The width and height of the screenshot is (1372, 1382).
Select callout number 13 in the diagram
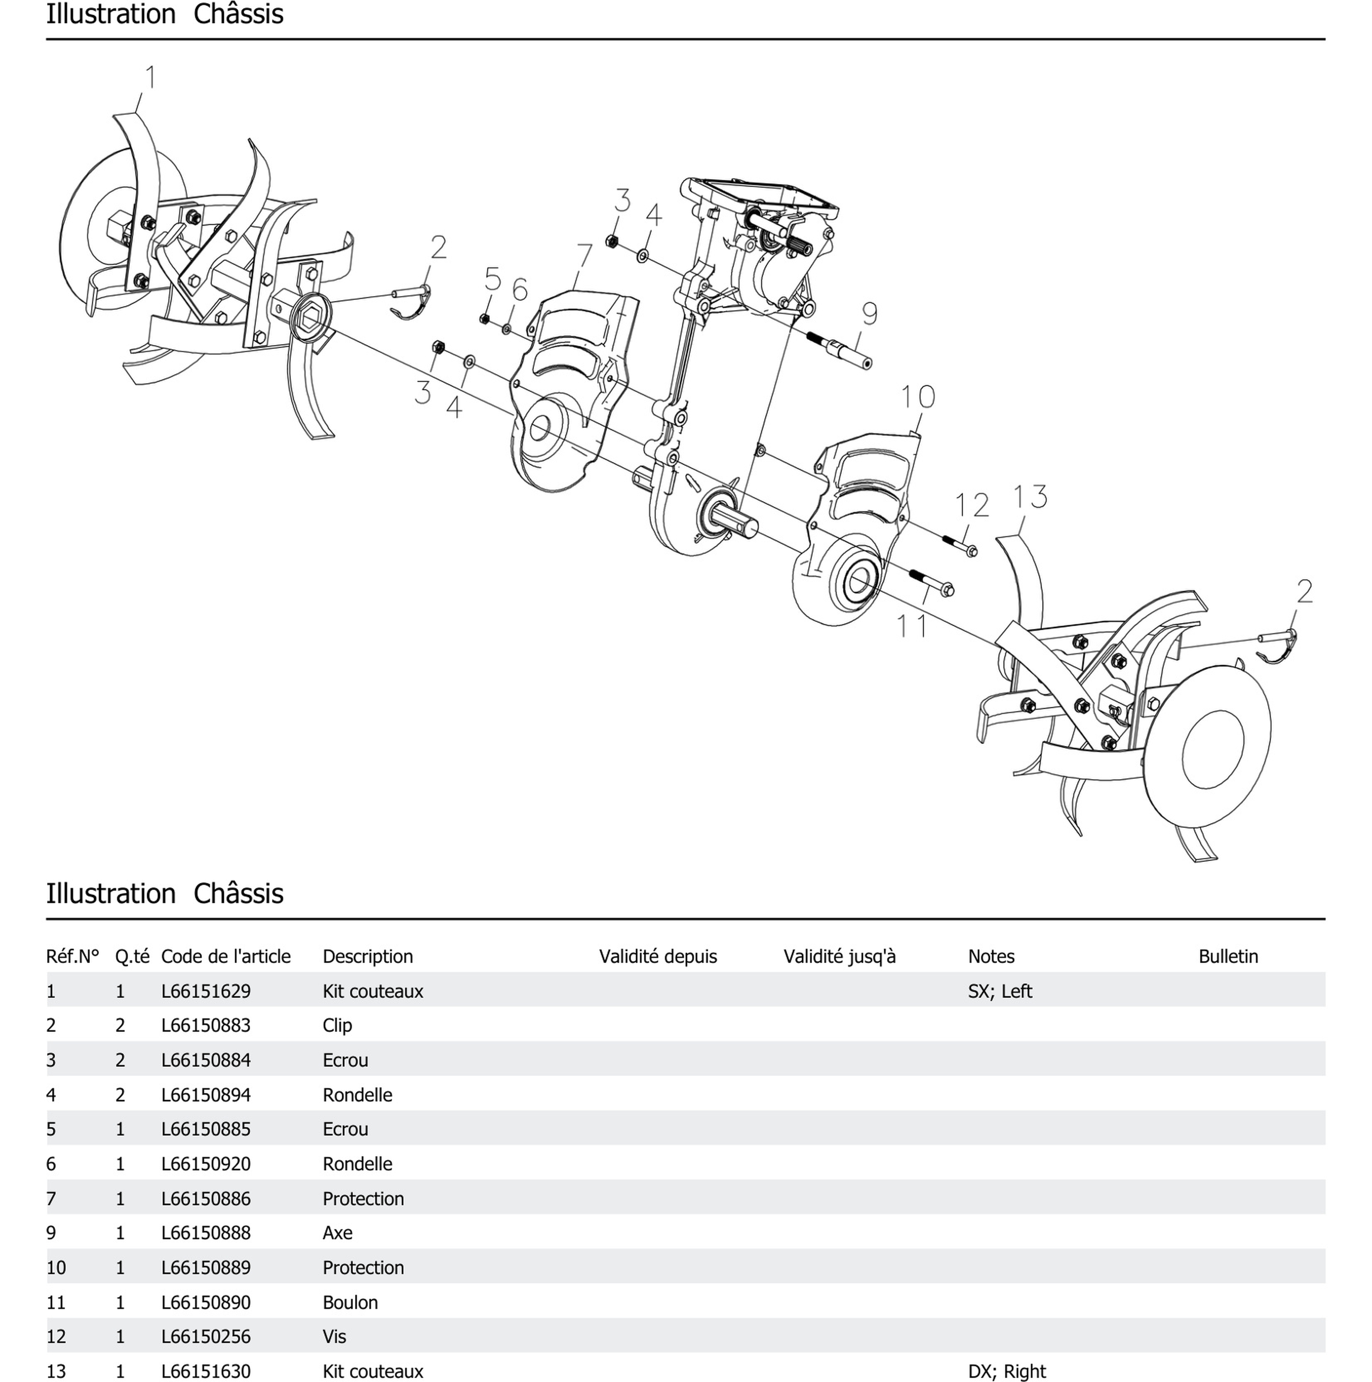[1030, 496]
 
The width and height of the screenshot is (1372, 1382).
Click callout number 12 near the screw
[972, 506]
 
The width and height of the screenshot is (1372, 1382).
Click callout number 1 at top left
[150, 77]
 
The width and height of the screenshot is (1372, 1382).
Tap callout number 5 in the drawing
[492, 279]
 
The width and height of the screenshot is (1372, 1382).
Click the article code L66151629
[206, 991]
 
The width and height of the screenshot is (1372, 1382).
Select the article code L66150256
[206, 1336]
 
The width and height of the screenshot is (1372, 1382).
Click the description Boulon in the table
[350, 1302]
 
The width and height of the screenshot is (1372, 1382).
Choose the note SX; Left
[999, 991]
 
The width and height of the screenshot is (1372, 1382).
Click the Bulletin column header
[1228, 956]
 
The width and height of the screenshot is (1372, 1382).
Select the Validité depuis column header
[657, 956]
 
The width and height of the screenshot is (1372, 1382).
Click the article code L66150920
[206, 1164]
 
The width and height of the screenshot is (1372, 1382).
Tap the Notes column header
[991, 956]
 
